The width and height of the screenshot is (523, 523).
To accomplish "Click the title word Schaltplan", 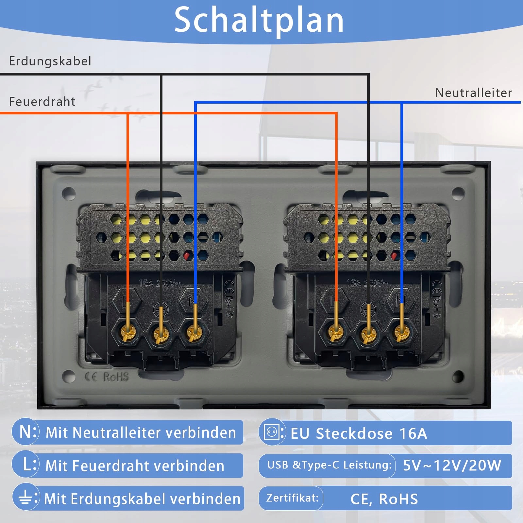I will coord(259,20).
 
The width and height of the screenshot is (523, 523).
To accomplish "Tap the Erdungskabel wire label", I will coord(50,61).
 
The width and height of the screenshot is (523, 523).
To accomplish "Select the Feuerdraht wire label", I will coord(42,102).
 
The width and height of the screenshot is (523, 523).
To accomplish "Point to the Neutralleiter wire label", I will coord(473,93).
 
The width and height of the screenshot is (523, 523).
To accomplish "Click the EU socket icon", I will coord(272,432).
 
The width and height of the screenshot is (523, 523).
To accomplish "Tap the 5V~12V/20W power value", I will coord(452,465).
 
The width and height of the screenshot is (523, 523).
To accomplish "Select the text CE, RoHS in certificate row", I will coord(384,499).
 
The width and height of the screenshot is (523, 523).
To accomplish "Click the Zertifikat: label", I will coord(292,498).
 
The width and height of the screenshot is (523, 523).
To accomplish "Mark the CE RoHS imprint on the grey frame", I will coord(107,377).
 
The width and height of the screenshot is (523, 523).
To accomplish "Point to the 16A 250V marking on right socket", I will coord(367,283).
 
